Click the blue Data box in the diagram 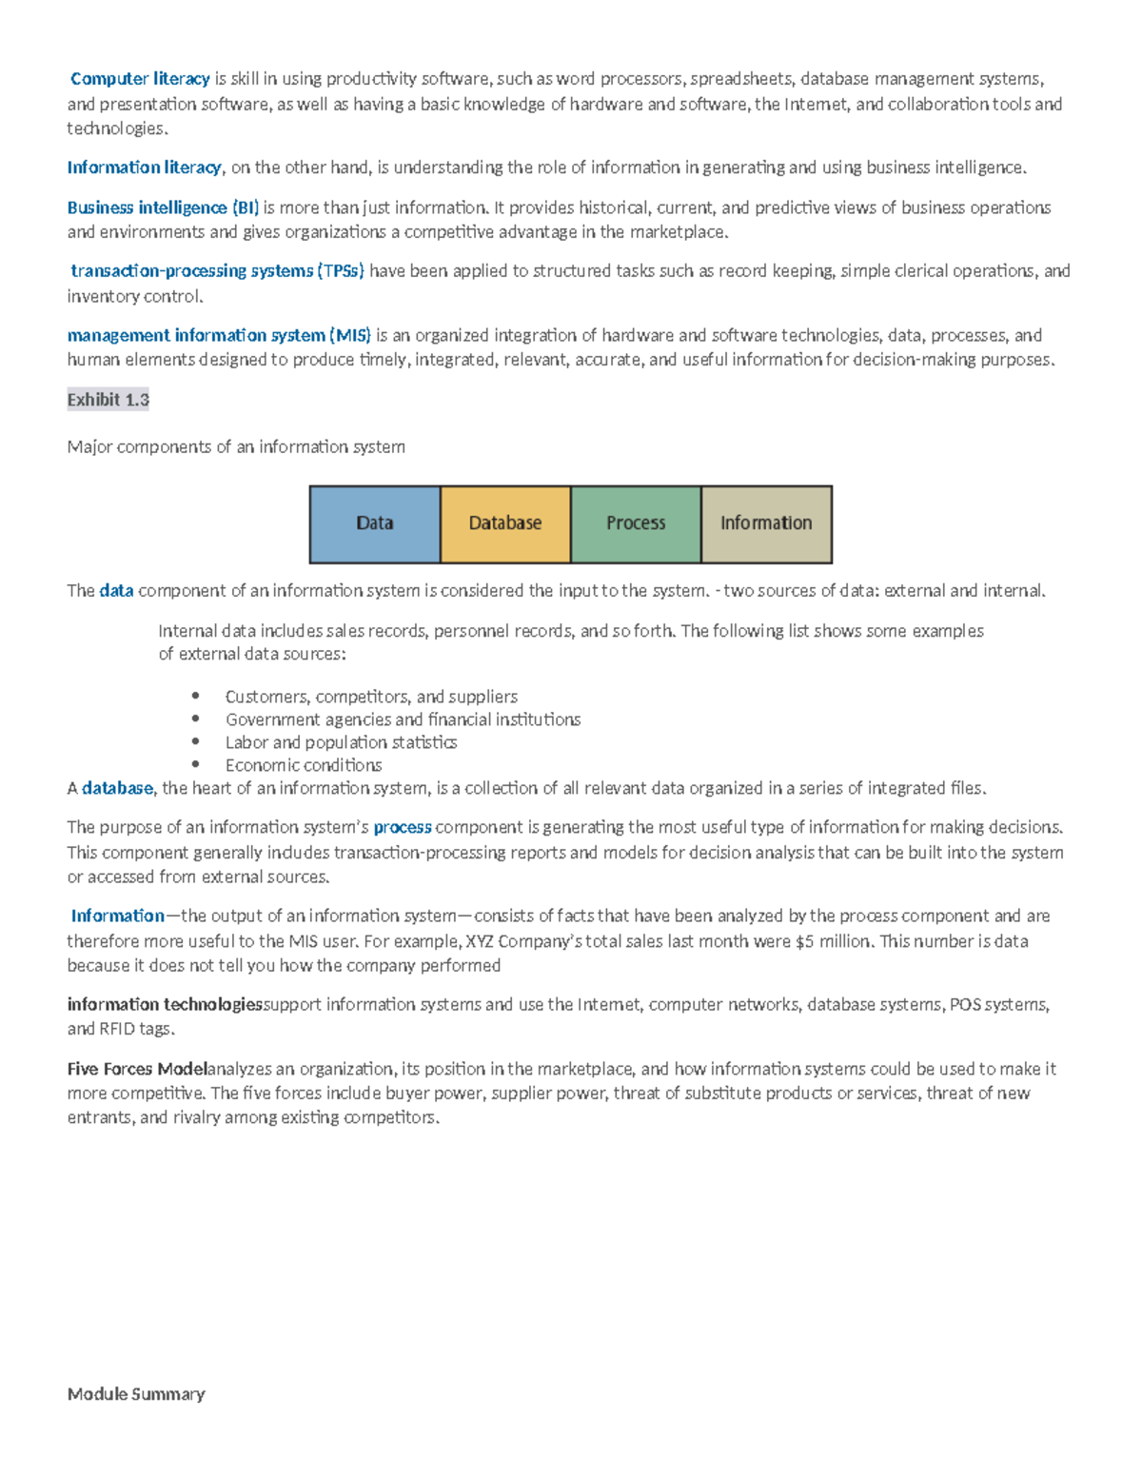click(375, 523)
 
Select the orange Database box click(505, 523)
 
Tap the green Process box click(636, 523)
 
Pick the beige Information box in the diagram click(766, 523)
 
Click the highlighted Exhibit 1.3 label click(108, 400)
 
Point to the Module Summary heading click(136, 1393)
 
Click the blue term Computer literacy click(140, 79)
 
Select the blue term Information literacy click(144, 168)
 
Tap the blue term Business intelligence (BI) click(163, 207)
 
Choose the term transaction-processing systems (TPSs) click(217, 271)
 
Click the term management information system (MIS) click(219, 335)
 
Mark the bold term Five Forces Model click(137, 1069)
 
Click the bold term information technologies click(165, 1004)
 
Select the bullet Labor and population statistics click(341, 742)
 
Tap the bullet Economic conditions click(304, 765)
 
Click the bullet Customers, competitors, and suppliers click(371, 697)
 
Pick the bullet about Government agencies click(403, 719)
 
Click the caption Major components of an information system click(236, 446)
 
